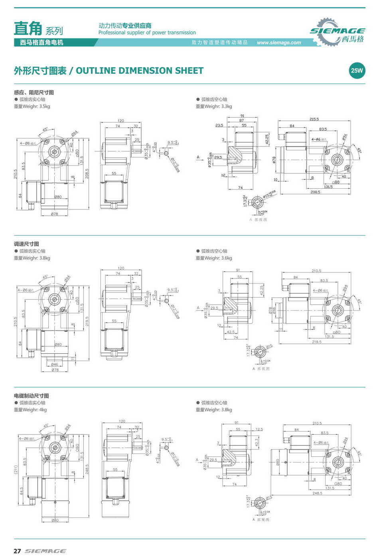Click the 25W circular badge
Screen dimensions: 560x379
click(357, 71)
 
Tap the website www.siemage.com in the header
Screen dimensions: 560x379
click(279, 43)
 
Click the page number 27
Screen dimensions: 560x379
click(17, 551)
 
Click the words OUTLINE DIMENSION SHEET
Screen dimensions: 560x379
click(140, 71)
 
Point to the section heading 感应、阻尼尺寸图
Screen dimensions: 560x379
click(34, 93)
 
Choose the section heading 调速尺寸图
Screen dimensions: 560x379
click(26, 244)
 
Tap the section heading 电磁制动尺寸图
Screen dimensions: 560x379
click(32, 396)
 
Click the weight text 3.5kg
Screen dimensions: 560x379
click(45, 106)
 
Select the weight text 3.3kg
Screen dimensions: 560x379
click(226, 106)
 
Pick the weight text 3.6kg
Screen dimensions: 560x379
click(226, 258)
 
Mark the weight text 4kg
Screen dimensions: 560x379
click(43, 410)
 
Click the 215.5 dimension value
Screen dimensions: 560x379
click(314, 119)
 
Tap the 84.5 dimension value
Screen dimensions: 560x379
click(22, 489)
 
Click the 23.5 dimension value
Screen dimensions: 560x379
click(219, 125)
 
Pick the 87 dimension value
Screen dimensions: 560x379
click(242, 120)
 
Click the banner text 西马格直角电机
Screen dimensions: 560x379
click(41, 43)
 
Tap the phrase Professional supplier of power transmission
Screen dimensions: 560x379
click(147, 33)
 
